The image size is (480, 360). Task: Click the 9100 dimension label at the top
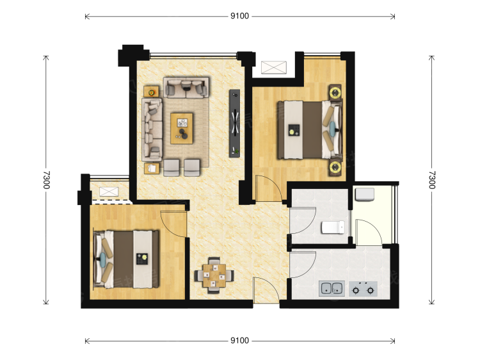coord(240,16)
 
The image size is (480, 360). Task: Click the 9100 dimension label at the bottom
coord(240,340)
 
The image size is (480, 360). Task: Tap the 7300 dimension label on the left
coord(46,180)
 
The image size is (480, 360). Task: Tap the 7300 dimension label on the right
coord(431,180)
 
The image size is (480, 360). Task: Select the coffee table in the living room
coord(182,128)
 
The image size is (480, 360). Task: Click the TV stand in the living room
coord(234,124)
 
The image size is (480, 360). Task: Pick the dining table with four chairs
coord(214,275)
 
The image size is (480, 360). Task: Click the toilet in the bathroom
coord(333,227)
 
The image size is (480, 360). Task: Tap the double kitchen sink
coord(332,289)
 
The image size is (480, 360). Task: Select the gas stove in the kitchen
coord(363,289)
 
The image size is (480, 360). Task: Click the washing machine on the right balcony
coord(365,195)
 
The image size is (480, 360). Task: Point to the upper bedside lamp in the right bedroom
coord(335,92)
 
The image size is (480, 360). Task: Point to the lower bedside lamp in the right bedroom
coord(335,167)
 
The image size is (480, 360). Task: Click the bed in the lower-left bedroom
coord(126,259)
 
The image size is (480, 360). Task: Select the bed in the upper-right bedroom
coord(310,130)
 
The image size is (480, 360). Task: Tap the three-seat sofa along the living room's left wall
coord(152,129)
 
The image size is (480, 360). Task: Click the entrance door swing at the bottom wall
coord(266,290)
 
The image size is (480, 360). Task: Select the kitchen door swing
coord(303,265)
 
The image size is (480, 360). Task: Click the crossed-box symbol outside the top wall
coord(274,67)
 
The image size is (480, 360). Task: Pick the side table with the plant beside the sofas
coord(151,92)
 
